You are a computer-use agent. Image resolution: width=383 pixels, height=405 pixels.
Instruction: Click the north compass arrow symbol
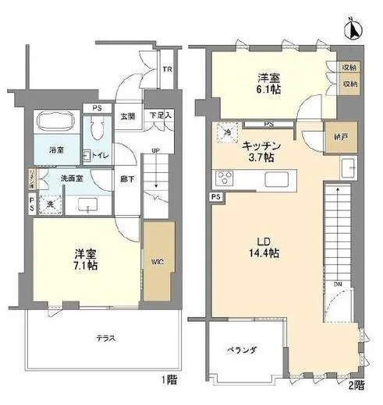pyautogui.click(x=351, y=30)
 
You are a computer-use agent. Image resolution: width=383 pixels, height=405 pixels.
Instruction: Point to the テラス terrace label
pyautogui.click(x=108, y=338)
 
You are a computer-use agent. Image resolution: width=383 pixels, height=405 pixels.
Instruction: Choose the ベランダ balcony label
pyautogui.click(x=242, y=350)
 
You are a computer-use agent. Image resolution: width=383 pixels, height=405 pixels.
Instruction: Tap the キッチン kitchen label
pyautogui.click(x=263, y=145)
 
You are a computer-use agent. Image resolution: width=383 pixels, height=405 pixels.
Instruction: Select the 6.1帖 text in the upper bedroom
pyautogui.click(x=270, y=90)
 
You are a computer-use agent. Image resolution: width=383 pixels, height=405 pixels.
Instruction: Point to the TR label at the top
pyautogui.click(x=166, y=69)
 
